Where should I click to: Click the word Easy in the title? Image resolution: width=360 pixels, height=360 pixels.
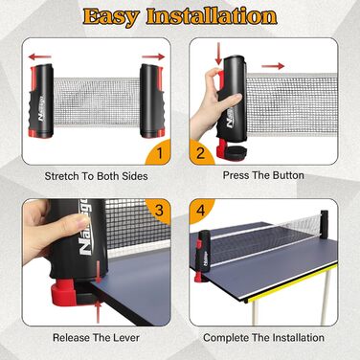coord(111,16)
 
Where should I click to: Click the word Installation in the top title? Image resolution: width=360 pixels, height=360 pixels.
coord(212,16)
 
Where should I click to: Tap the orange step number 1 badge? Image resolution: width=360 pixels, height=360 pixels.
coord(158,152)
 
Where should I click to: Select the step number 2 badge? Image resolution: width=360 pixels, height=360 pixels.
coord(201,152)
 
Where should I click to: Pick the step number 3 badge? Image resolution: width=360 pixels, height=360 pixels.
coord(159,211)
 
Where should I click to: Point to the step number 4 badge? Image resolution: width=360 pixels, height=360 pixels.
coord(200,211)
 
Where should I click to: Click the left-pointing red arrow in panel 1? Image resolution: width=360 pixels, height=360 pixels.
coord(40,57)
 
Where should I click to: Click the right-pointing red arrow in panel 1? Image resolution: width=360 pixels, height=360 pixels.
coord(153,56)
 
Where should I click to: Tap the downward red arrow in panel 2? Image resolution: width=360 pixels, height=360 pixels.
coord(218,54)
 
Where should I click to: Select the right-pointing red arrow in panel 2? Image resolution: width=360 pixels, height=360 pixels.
coord(273,66)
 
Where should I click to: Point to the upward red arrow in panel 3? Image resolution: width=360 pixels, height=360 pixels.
coord(98,312)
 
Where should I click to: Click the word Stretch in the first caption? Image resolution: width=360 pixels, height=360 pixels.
coord(61,176)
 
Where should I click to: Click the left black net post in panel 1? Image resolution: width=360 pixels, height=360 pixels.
coord(41,101)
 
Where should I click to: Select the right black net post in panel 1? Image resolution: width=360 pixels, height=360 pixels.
coord(152,101)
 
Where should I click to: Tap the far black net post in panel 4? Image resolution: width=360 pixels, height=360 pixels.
coord(325,224)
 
